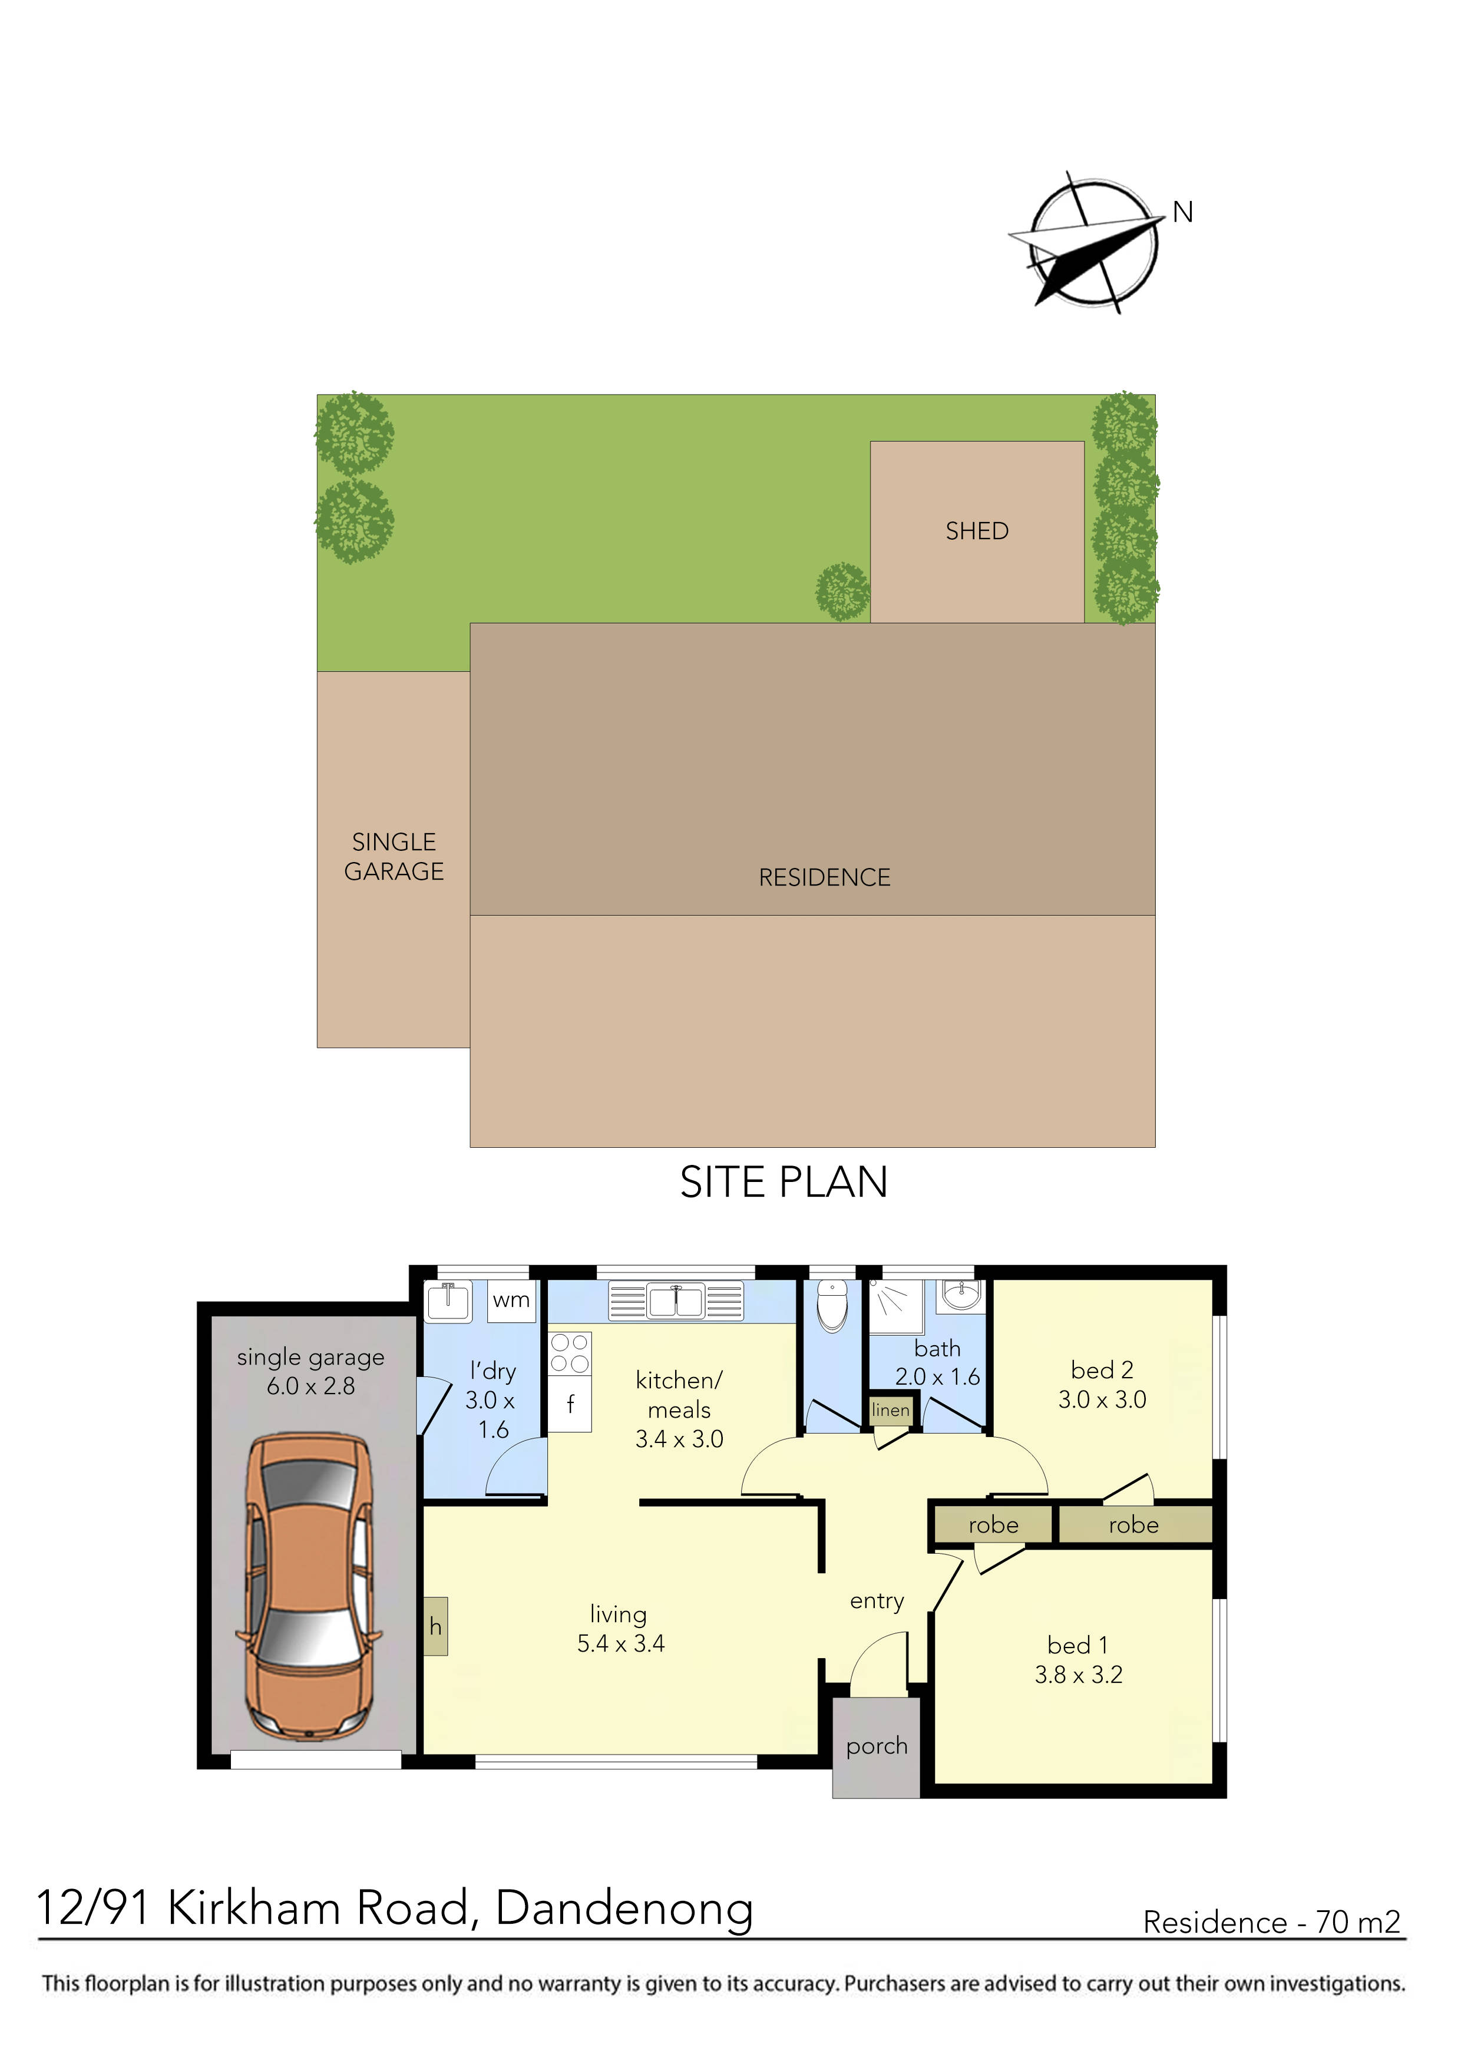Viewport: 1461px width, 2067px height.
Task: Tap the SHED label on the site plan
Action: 977,531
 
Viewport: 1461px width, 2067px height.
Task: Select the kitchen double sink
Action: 676,1301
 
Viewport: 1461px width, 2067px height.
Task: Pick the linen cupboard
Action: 890,1410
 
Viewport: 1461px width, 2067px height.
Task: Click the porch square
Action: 876,1746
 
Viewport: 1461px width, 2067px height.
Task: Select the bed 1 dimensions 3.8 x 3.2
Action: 1079,1675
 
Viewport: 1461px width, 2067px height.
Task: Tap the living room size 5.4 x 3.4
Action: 620,1643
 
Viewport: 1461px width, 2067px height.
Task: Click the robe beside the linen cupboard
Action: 993,1524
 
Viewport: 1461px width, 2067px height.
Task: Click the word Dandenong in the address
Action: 624,1908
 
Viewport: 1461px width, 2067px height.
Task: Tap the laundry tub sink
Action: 447,1301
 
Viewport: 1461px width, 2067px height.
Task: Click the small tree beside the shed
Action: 842,592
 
